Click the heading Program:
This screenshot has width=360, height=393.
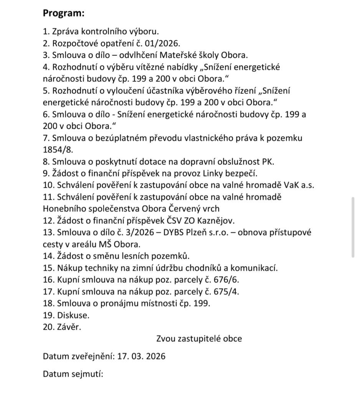coord(63,13)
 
